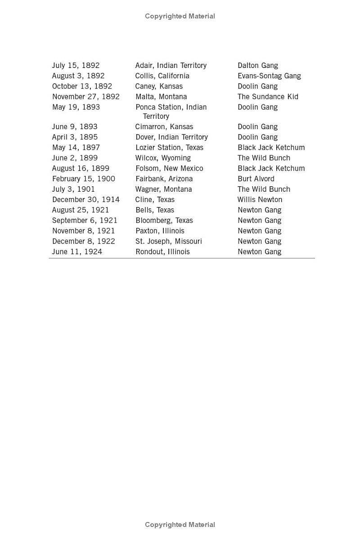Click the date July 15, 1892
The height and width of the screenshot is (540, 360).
pos(76,66)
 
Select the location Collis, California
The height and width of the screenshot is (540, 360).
pos(162,76)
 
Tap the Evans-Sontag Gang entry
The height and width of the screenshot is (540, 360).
pos(269,76)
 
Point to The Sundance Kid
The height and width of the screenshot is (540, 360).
pos(268,97)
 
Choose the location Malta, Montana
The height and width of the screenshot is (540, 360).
pos(161,97)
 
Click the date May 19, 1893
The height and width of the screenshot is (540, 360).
pos(76,107)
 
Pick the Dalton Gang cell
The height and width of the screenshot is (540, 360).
pos(258,66)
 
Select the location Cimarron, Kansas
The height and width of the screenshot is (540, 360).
pos(164,127)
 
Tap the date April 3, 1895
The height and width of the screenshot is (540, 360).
pos(75,137)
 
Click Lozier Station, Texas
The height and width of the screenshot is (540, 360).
pos(169,148)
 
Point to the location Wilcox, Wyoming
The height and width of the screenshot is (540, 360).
pos(163,158)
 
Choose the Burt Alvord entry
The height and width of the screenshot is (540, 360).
pos(256,179)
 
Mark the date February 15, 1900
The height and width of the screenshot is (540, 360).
pos(84,179)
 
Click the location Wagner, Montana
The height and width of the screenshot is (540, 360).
pos(164,189)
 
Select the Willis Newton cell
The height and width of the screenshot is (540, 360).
pos(260,200)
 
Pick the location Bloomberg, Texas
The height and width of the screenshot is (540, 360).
pos(164,220)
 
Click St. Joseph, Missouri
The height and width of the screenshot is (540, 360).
pos(169,241)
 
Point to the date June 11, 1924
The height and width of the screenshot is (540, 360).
pos(77,252)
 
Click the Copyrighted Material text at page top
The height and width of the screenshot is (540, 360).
pos(180,16)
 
